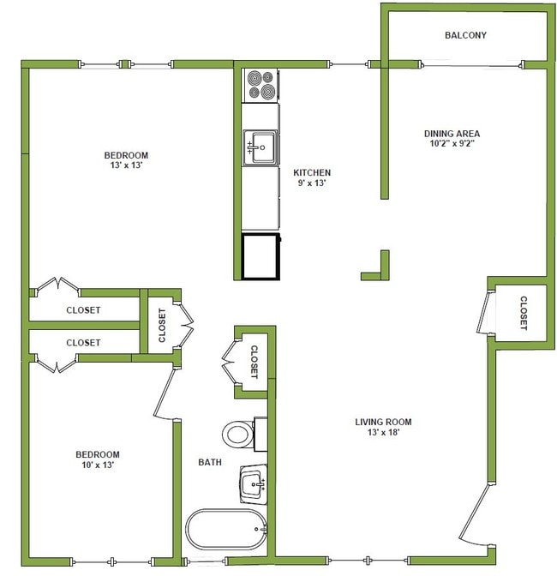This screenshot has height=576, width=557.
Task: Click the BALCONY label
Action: point(465,35)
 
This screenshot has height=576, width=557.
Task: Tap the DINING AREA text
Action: point(452,133)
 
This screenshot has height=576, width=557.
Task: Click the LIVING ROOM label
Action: point(383,422)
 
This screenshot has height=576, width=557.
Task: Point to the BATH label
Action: point(210,462)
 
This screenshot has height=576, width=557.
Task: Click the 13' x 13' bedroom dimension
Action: point(126,166)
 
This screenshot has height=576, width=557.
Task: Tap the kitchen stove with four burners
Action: point(261,85)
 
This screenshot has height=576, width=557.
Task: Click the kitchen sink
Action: point(261,147)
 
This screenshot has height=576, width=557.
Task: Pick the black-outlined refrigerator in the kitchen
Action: point(261,255)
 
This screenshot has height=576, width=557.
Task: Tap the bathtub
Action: point(226,530)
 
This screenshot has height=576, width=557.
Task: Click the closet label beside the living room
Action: point(523,313)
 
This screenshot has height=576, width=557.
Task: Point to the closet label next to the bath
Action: point(255,362)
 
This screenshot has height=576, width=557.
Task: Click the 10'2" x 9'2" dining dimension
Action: point(452,144)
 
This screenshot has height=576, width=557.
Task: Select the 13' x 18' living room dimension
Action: point(383,433)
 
